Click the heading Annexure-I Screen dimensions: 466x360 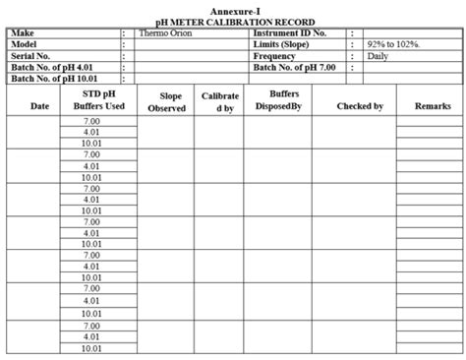[x=234, y=9]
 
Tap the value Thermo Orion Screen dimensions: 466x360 [x=166, y=32]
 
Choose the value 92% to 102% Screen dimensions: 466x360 [x=393, y=45]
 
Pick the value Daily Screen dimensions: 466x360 [x=378, y=56]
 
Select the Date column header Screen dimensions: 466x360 [x=40, y=104]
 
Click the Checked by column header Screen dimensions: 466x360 [x=360, y=104]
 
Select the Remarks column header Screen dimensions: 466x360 [x=433, y=104]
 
